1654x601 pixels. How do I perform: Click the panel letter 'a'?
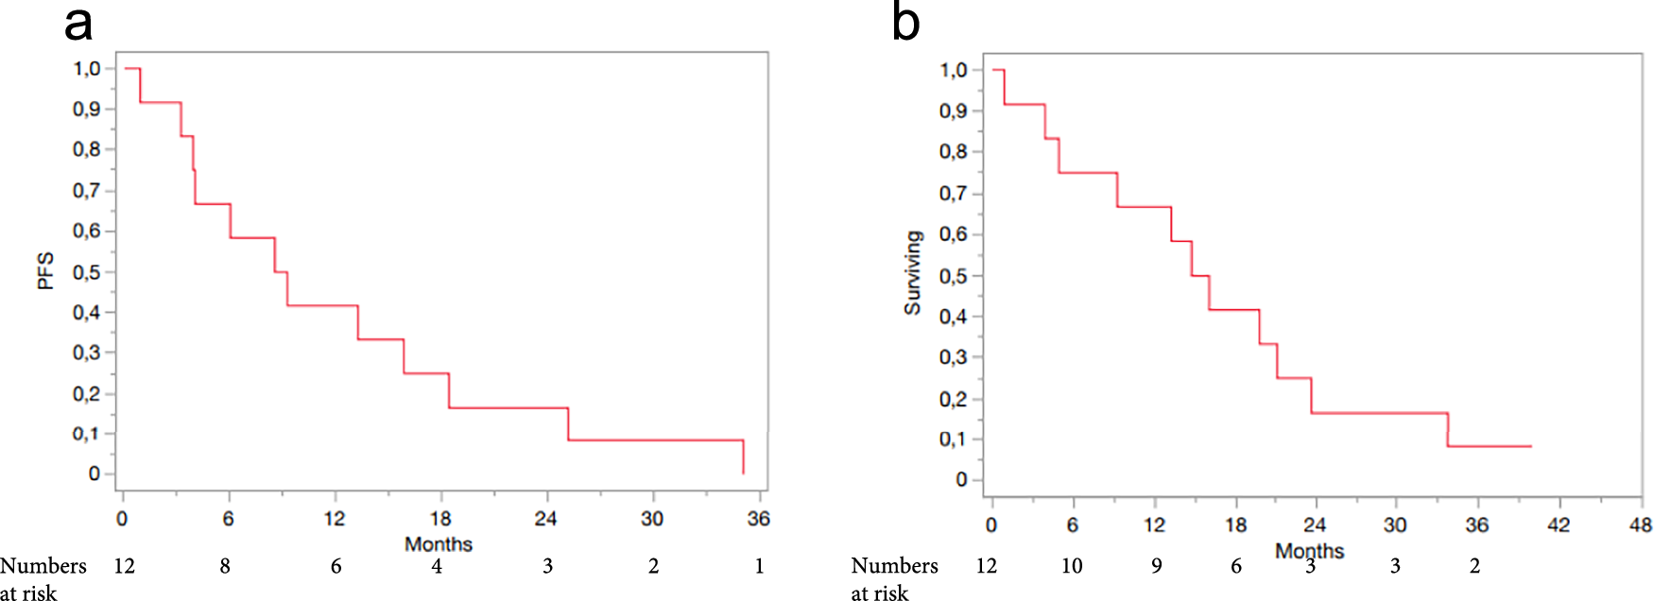[x=78, y=25]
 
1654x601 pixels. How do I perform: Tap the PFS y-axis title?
[x=45, y=270]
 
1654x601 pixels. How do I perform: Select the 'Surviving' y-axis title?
[x=912, y=273]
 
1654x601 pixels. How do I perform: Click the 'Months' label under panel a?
[x=438, y=544]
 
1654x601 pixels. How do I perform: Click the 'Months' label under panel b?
[x=1309, y=551]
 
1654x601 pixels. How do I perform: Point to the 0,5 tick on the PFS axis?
[x=87, y=272]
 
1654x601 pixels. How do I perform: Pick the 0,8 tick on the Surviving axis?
[x=953, y=151]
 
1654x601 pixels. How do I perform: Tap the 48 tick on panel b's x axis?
[x=1641, y=525]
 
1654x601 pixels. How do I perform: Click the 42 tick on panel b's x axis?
[x=1559, y=525]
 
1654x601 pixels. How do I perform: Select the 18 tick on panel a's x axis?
[x=440, y=519]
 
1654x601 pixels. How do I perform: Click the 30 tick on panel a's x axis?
[x=652, y=519]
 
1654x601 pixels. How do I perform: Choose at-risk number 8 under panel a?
[x=225, y=566]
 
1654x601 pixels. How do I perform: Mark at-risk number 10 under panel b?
[x=1071, y=566]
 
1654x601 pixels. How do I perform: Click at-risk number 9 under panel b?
[x=1156, y=566]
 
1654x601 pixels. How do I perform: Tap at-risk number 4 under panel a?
[x=437, y=566]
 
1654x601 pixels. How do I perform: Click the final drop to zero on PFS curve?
[x=743, y=457]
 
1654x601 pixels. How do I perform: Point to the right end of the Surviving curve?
[x=1530, y=446]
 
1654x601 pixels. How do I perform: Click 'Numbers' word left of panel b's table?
[x=894, y=566]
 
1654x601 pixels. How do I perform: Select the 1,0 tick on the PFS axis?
[x=87, y=68]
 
